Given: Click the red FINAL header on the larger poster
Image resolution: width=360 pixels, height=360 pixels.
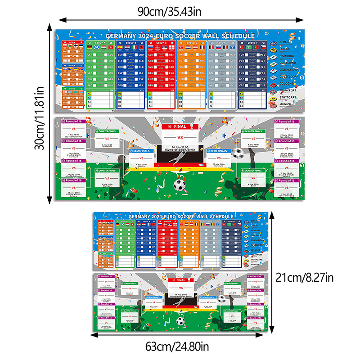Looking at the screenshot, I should click(x=179, y=127).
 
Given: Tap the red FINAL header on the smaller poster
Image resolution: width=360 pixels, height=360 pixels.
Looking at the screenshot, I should click(x=179, y=280).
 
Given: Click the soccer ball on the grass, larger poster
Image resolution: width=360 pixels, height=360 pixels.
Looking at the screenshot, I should click(x=180, y=184).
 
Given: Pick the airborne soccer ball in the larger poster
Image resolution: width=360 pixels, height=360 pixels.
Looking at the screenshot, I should click(x=238, y=153).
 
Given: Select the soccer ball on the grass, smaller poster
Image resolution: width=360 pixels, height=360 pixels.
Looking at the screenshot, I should click(x=180, y=321).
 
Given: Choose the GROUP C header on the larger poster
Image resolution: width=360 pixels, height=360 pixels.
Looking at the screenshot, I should click(x=160, y=42).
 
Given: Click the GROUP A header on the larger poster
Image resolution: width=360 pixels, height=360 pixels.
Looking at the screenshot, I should click(x=99, y=42).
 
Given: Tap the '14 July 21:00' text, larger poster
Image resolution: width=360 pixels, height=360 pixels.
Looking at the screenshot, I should click(x=179, y=146).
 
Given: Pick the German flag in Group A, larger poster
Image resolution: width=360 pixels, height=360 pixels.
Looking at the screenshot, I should click(x=90, y=47).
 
